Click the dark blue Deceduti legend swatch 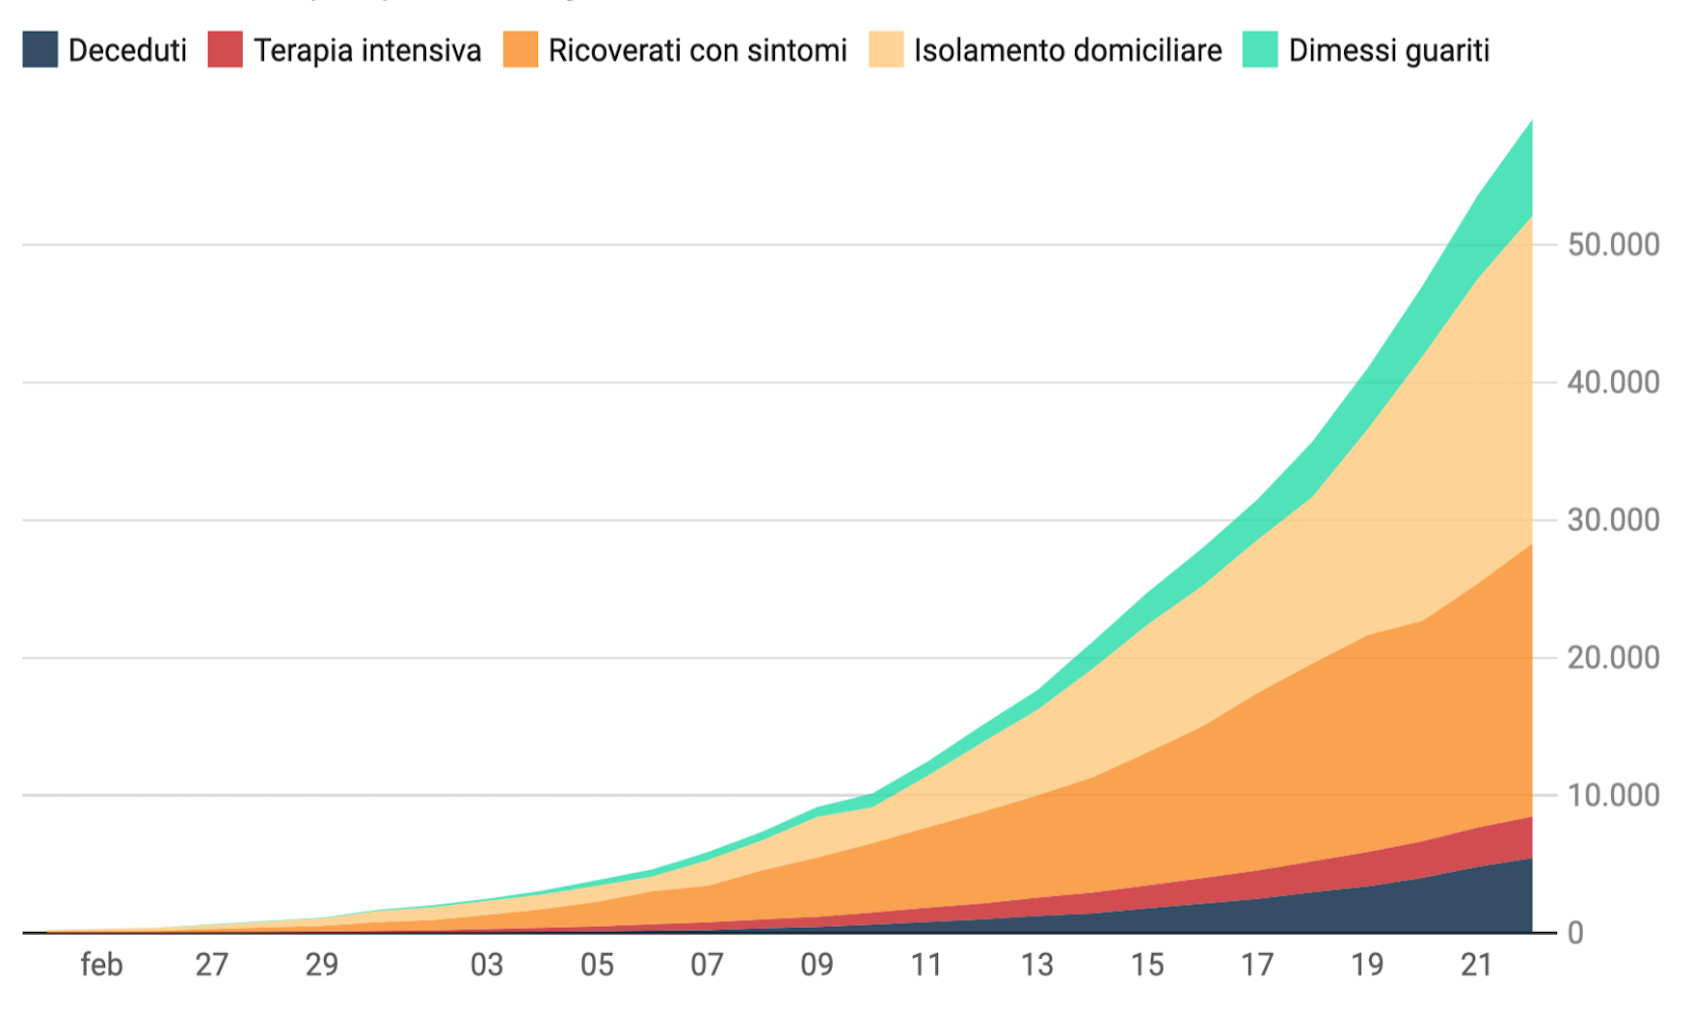[40, 50]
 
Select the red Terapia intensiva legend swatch [225, 50]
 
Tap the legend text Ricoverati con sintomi [697, 50]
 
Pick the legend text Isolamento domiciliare [1067, 50]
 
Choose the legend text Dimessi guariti [1388, 50]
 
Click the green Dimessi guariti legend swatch [1260, 50]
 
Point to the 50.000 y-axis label [1613, 245]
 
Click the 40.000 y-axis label [1613, 383]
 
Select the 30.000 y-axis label [1613, 520]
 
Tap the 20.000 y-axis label [1613, 658]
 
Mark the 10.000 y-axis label [1613, 796]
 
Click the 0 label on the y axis [1575, 933]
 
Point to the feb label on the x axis [101, 965]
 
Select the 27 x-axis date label [212, 965]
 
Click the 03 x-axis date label [487, 965]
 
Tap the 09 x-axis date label [817, 965]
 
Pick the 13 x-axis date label [1037, 965]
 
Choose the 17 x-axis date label [1257, 965]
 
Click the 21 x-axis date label [1477, 965]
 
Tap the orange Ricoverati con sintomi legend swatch [521, 50]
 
